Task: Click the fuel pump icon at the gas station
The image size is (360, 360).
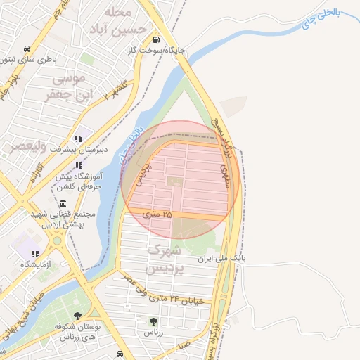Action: coord(155,39)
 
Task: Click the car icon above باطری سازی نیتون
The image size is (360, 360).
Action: coord(26,49)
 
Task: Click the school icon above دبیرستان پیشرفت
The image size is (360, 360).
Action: coord(77,139)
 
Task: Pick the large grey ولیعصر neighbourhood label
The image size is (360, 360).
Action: coord(27,147)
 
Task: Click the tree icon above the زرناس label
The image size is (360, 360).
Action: coord(152,321)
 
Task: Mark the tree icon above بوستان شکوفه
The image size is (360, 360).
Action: coord(77,316)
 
